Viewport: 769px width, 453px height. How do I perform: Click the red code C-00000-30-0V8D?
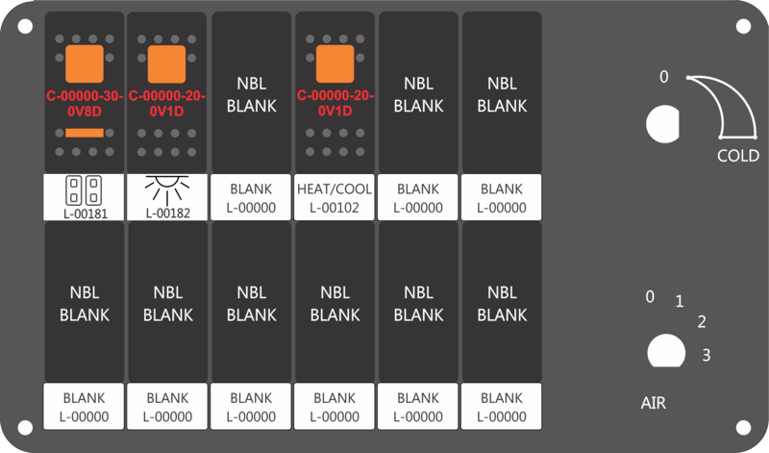coord(85,104)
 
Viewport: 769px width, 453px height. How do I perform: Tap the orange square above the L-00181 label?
coord(85,63)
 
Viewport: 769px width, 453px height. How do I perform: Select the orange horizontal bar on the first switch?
coord(85,133)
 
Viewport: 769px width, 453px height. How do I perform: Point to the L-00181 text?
coord(86,214)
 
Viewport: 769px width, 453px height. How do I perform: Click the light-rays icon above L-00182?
coord(167,189)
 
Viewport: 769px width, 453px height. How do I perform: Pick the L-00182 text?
coord(167,213)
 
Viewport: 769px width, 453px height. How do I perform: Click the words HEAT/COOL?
coord(335,189)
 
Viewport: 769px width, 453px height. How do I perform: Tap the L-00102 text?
coord(335,208)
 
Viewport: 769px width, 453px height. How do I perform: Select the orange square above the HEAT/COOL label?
coord(335,63)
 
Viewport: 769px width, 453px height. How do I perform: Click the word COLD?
coord(738,156)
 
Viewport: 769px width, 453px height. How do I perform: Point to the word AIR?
coord(654,403)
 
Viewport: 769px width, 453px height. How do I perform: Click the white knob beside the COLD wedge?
coord(662,124)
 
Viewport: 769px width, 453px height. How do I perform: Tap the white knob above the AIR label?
coord(666,351)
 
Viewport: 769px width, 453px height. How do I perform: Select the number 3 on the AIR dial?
coord(707,355)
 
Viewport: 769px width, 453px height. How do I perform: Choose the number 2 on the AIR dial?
coord(702,322)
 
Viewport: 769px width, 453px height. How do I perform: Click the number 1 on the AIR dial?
coord(680,301)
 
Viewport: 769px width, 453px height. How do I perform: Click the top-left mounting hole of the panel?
coord(25,26)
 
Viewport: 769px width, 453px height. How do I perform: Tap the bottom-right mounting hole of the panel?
coord(743,428)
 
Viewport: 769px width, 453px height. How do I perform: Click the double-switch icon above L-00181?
coord(84,190)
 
